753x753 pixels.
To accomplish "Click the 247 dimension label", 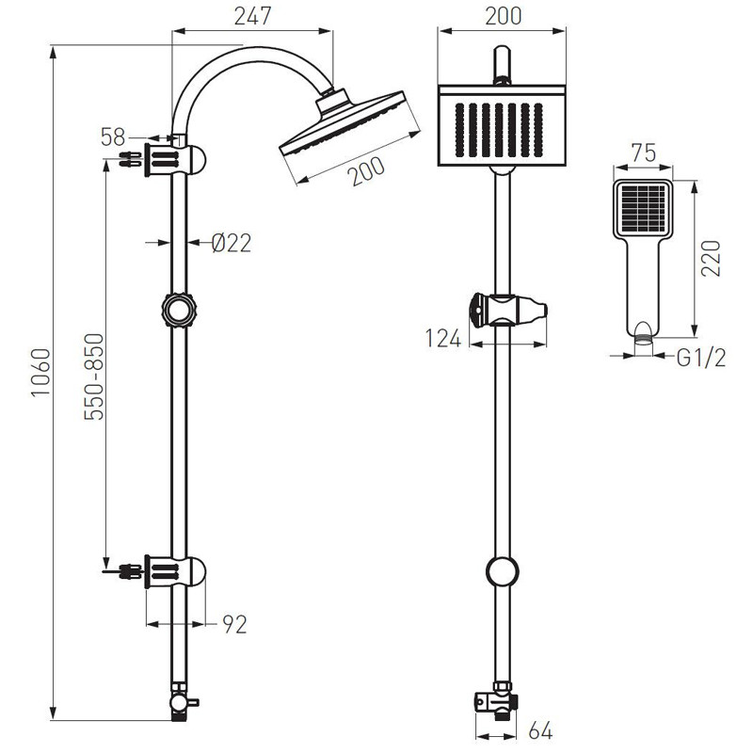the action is [x=252, y=16].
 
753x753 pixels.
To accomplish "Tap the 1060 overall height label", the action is [x=41, y=373].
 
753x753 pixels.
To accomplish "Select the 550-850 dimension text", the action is [x=94, y=376].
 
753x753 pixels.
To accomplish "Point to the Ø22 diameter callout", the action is [x=232, y=243].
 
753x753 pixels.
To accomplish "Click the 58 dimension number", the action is [x=113, y=137].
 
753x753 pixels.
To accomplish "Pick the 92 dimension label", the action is [x=234, y=624].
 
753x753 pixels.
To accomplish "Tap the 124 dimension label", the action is [x=443, y=339].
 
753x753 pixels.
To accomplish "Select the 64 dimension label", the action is [x=540, y=730].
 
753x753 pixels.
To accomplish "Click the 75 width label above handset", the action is [x=644, y=153].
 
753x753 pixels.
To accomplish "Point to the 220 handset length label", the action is [x=711, y=258].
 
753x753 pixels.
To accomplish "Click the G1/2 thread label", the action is [x=701, y=358].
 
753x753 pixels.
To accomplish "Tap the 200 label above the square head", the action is [x=503, y=16].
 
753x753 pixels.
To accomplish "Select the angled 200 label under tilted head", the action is [x=368, y=171].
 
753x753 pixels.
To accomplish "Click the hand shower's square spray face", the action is [x=643, y=207].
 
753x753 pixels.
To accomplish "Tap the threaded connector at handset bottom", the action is [x=644, y=339].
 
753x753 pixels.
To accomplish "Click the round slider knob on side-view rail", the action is [x=179, y=311].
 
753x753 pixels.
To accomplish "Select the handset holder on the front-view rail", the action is [x=508, y=311].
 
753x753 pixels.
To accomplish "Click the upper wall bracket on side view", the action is [x=175, y=160].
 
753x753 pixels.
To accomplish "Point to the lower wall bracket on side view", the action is [x=175, y=571].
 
